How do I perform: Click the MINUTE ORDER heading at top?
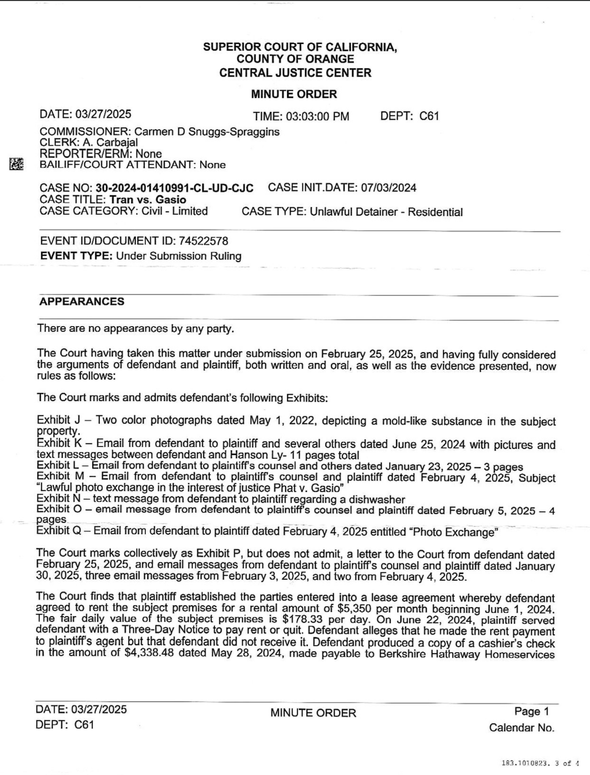tap(294, 94)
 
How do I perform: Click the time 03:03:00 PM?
tap(317, 117)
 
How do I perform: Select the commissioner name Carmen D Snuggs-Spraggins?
tap(207, 132)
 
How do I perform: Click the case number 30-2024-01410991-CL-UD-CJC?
tap(174, 188)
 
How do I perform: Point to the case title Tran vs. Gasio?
tap(148, 200)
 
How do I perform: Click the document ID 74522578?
tap(203, 241)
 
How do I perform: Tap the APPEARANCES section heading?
tap(82, 302)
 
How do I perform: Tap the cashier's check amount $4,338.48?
tap(149, 653)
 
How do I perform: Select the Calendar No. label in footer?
tap(521, 728)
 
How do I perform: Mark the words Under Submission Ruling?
tap(179, 256)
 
